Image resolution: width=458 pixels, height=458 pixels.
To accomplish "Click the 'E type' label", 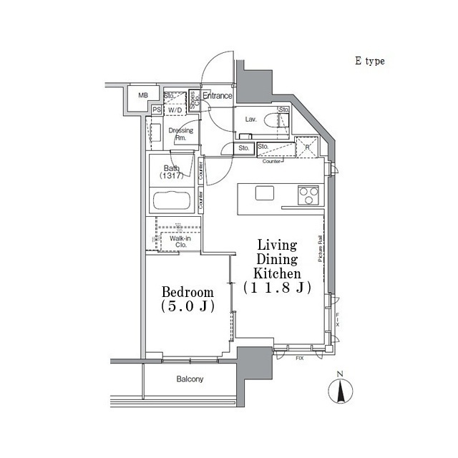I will tap(370, 62).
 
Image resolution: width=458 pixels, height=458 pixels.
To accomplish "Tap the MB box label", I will tap(143, 95).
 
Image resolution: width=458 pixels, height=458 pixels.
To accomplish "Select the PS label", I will tap(156, 109).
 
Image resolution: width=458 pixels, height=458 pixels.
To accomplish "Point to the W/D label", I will tap(175, 109).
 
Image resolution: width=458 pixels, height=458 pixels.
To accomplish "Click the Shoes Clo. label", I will tap(193, 100).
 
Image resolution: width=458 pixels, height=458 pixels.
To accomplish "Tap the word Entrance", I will tap(218, 96).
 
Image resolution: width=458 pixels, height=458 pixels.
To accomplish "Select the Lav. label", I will tap(250, 120).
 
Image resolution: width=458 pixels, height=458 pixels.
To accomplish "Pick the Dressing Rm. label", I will tap(180, 134).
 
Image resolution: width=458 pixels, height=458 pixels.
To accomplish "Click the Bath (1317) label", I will tap(172, 172).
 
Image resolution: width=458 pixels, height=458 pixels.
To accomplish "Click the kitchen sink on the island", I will tap(264, 193).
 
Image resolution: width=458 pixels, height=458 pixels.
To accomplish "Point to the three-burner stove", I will tap(308, 194).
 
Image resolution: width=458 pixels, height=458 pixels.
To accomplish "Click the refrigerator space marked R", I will tap(307, 148).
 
